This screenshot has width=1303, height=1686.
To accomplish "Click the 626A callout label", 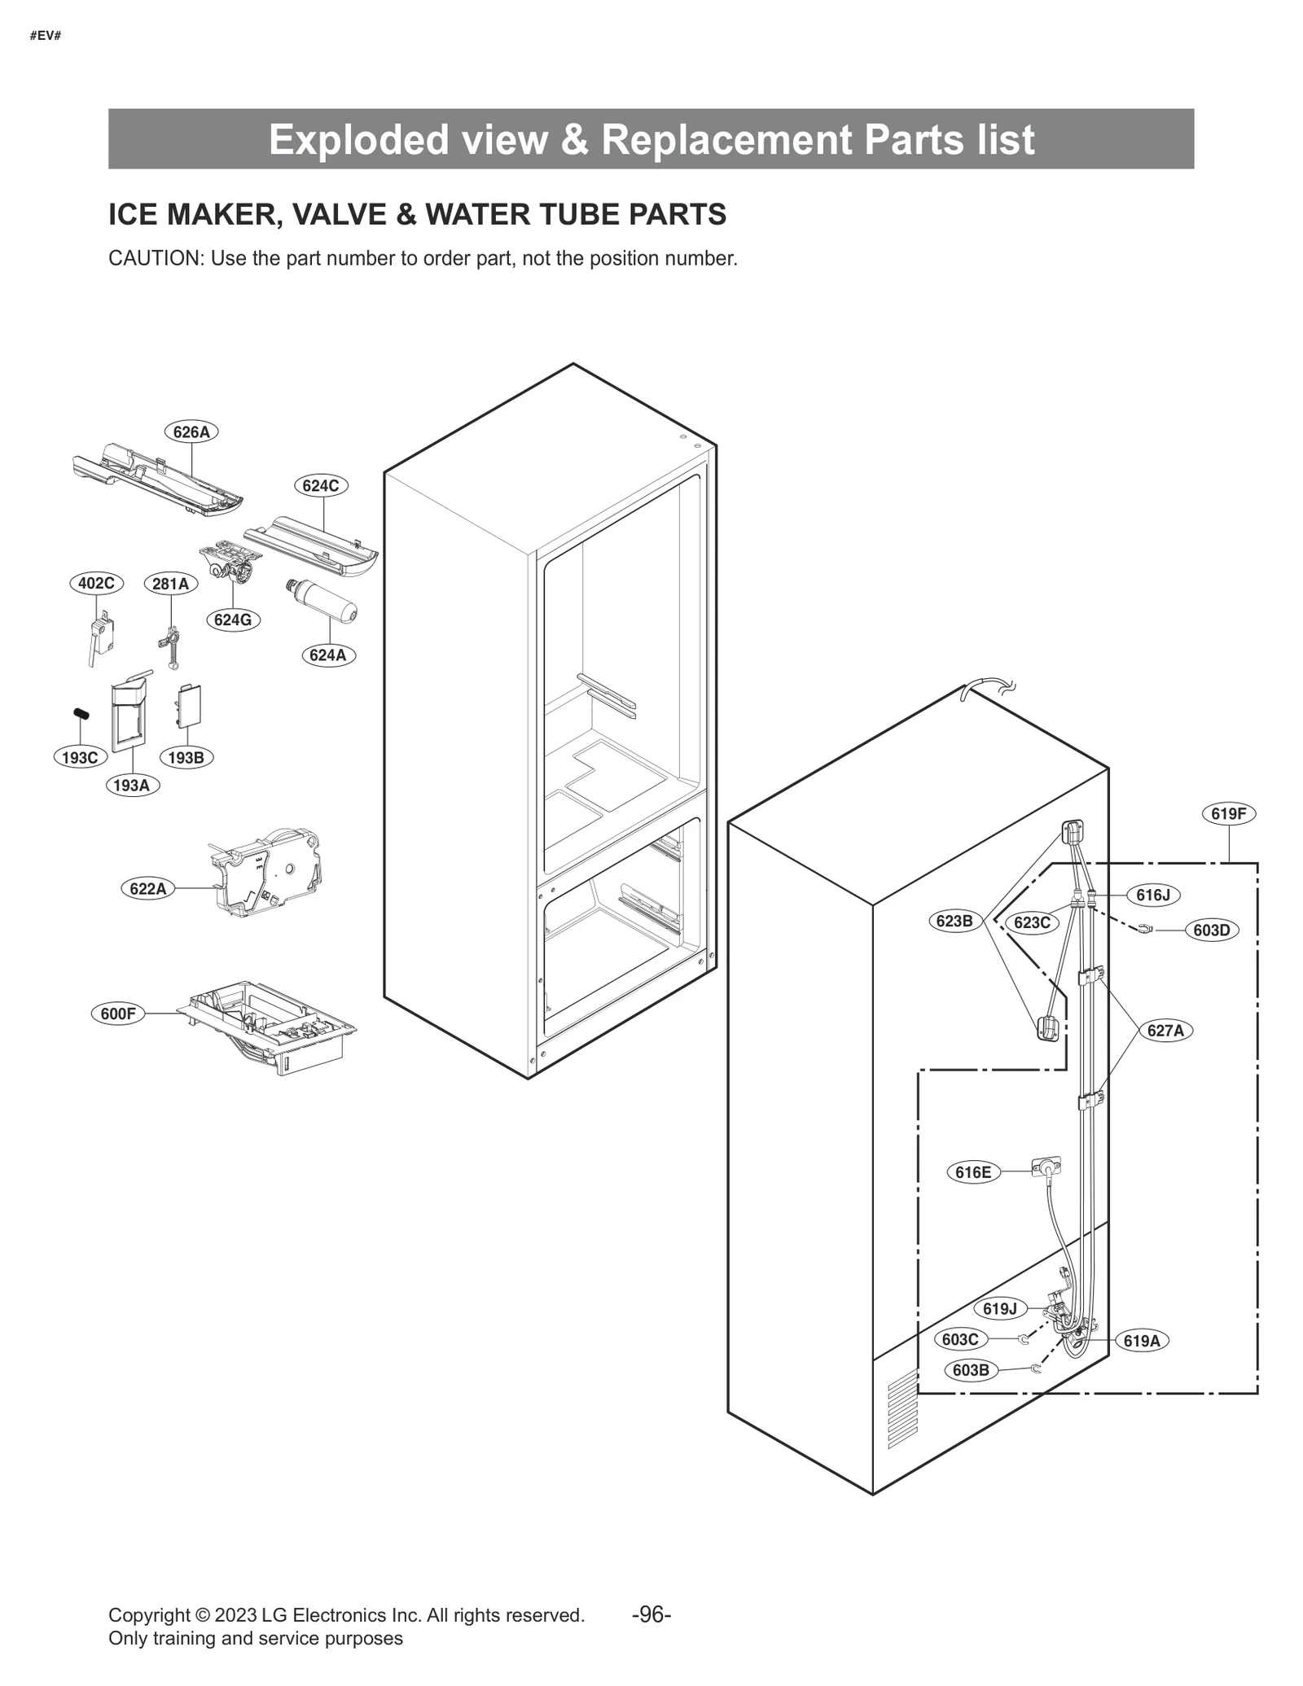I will (x=191, y=432).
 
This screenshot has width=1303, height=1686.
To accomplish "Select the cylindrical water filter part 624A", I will (x=323, y=602).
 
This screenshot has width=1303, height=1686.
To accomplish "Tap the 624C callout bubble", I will (x=321, y=486).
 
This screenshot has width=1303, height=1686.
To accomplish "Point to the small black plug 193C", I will (x=81, y=714).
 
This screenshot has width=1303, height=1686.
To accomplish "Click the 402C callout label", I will (x=96, y=583).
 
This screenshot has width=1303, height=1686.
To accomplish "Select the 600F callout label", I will (x=118, y=1014).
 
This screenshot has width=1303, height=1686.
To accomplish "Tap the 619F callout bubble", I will (x=1228, y=813).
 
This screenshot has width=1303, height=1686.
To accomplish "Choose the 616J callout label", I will (x=1152, y=896).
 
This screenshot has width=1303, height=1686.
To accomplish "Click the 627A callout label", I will (x=1165, y=1031).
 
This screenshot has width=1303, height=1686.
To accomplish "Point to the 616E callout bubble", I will (x=973, y=1172).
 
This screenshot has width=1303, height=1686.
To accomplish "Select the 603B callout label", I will (x=971, y=1370).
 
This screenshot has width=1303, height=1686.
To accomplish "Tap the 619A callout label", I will (x=1141, y=1341).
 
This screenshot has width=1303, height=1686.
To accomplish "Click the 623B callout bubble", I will (x=954, y=922).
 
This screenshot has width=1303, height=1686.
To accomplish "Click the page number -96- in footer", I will (x=651, y=1614).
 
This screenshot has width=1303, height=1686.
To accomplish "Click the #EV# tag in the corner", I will (x=46, y=36).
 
